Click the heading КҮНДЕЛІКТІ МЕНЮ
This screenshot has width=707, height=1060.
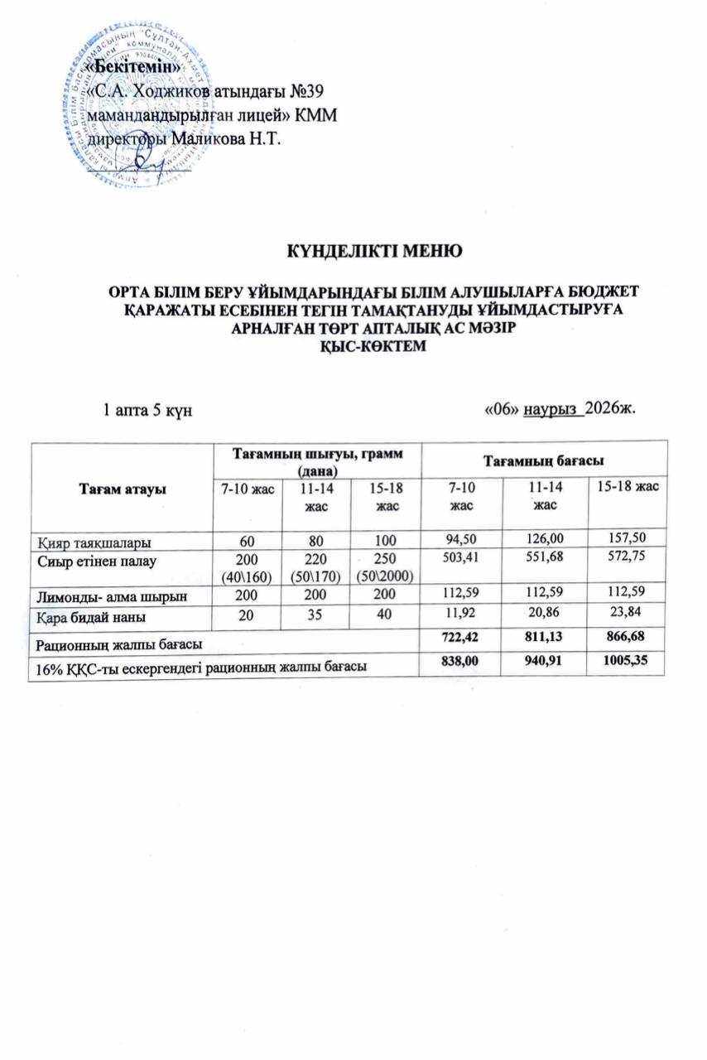coord(373,249)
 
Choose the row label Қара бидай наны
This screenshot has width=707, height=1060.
coord(89,614)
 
